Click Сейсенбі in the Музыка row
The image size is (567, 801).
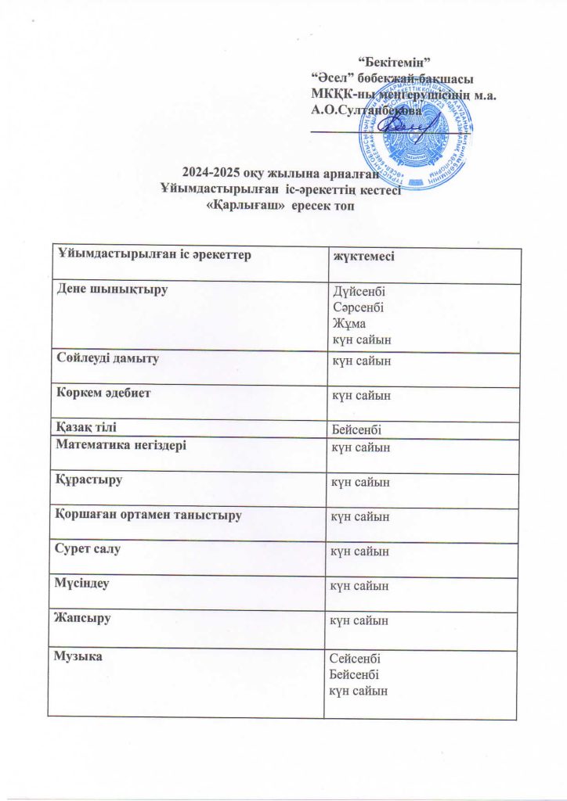tap(359, 659)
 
